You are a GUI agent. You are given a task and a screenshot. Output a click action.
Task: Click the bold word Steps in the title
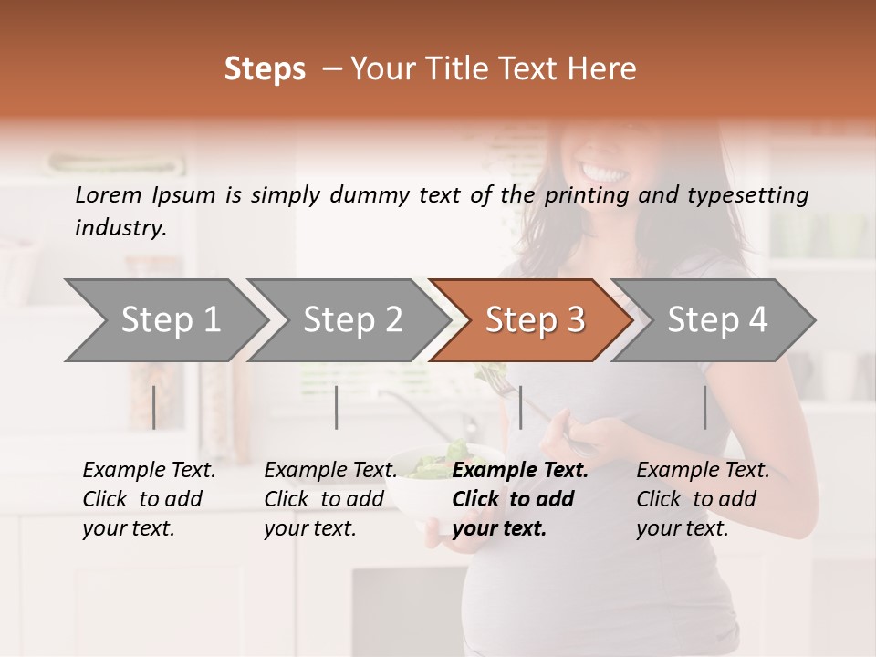(x=265, y=69)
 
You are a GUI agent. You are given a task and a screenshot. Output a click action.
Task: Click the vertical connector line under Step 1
(x=154, y=407)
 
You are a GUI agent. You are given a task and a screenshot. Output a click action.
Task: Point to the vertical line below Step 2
(x=337, y=407)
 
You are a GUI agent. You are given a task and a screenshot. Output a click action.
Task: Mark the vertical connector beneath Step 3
(x=520, y=407)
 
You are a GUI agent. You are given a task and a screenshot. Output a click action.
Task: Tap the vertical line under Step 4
(x=704, y=407)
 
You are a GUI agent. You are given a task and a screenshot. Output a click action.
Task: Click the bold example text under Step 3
(x=520, y=499)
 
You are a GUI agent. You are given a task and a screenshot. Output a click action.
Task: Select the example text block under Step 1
(x=149, y=499)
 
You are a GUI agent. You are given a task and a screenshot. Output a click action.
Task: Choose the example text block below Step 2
(x=330, y=499)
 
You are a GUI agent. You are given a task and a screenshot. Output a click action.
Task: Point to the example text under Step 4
(x=703, y=499)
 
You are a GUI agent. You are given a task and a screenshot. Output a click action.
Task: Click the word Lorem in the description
(x=108, y=195)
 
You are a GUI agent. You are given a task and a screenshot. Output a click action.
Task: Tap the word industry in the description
(x=120, y=228)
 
